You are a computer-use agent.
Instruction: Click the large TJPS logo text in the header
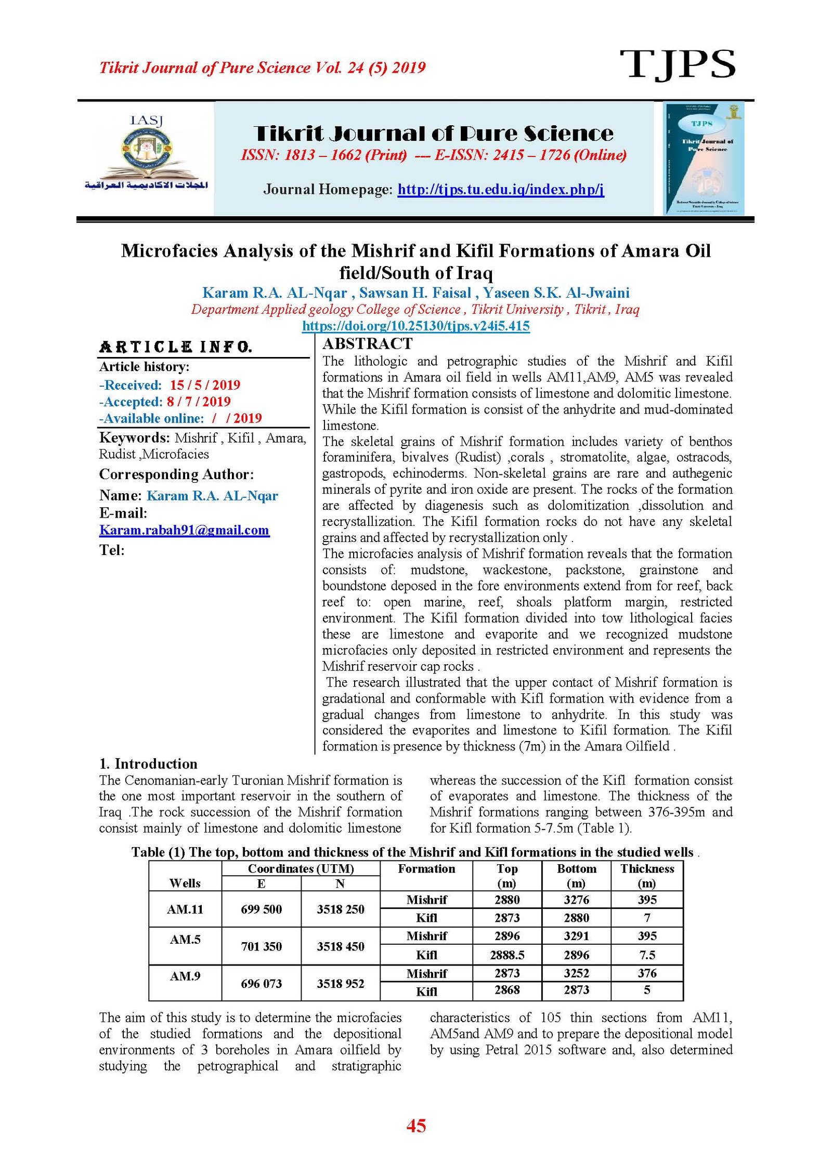[x=677, y=65]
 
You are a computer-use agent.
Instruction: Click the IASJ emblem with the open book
[x=146, y=153]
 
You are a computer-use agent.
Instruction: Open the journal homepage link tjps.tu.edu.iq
[x=500, y=189]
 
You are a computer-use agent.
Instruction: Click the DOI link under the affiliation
[x=415, y=326]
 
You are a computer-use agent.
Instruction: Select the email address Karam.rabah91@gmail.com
[x=184, y=530]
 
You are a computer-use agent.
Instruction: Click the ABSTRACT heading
[x=367, y=343]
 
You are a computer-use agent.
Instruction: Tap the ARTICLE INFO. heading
[x=176, y=347]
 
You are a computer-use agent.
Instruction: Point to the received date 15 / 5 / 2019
[x=204, y=385]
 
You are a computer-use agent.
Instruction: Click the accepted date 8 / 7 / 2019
[x=198, y=402]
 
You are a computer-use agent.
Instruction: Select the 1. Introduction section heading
[x=148, y=763]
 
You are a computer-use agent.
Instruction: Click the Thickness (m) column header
[x=647, y=876]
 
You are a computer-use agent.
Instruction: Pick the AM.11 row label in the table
[x=185, y=909]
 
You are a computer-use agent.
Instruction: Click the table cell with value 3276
[x=576, y=900]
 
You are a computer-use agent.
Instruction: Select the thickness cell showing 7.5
[x=647, y=955]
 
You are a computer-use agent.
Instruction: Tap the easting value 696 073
[x=261, y=983]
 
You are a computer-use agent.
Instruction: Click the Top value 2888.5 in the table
[x=507, y=955]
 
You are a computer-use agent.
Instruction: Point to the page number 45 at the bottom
[x=416, y=1126]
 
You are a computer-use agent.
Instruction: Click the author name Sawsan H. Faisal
[x=415, y=293]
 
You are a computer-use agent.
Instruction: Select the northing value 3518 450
[x=341, y=946]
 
